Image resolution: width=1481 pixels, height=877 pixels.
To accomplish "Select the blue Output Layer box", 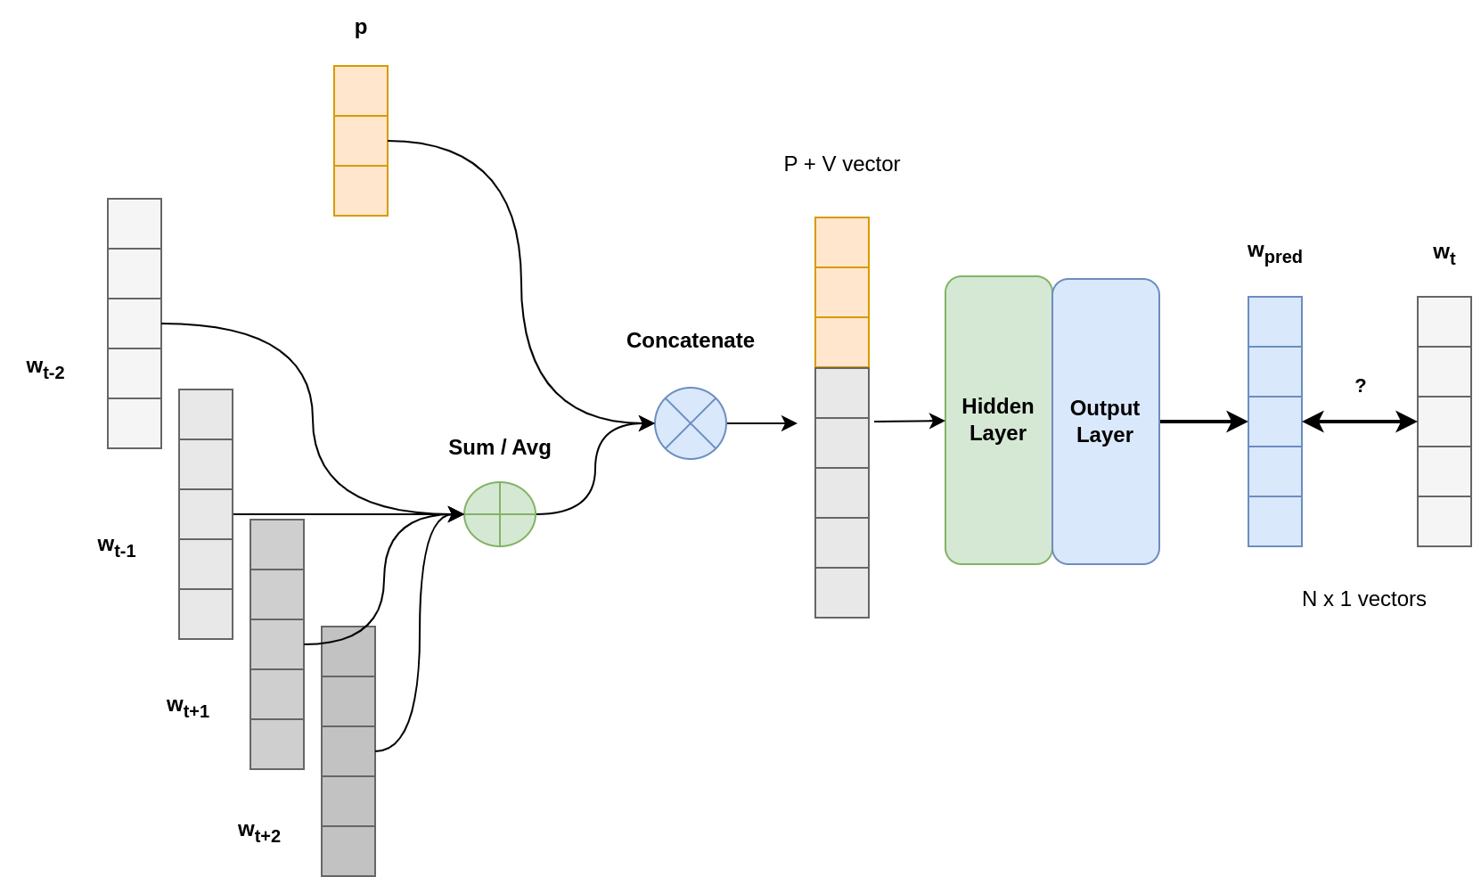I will [1105, 499].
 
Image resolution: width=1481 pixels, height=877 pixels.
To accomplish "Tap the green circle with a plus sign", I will [500, 514].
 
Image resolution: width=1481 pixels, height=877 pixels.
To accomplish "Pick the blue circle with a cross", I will [691, 423].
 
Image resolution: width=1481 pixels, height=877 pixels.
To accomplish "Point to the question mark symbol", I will [1360, 386].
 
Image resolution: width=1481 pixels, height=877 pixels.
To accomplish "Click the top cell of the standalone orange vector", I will [361, 91].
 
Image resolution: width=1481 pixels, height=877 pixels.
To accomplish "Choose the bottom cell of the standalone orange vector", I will [361, 191].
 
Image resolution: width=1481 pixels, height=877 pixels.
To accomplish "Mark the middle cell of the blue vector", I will [1275, 422].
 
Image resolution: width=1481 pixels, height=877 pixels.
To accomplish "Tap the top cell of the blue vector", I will [1275, 322].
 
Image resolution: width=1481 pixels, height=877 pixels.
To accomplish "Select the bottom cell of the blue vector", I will [1275, 521].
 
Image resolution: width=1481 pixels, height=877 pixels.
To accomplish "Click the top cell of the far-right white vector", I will [1444, 322].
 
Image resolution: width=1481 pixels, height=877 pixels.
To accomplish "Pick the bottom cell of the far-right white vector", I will [1444, 521].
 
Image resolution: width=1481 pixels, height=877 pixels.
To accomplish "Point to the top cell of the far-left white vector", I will [135, 224].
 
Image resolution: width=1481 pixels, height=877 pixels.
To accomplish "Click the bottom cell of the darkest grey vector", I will [348, 851].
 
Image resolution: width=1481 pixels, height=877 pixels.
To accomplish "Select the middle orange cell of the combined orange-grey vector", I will [842, 292].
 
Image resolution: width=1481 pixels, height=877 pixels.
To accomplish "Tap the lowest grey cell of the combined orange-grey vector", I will [842, 593].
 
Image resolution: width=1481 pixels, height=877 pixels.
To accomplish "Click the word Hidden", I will [998, 406].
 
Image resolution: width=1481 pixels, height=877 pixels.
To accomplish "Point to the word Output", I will [1105, 408].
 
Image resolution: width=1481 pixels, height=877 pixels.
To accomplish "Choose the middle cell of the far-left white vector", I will [135, 324].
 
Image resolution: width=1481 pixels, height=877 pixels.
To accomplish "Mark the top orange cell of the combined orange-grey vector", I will [842, 242].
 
